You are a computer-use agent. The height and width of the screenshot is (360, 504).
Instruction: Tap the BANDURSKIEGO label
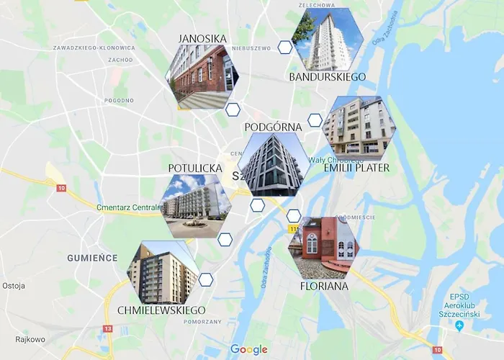(x=327, y=76)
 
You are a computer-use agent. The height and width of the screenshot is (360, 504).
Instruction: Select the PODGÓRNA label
(x=273, y=127)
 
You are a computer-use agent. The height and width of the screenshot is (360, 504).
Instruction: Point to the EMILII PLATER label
(x=356, y=168)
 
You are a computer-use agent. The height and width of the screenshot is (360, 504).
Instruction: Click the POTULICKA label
(x=195, y=168)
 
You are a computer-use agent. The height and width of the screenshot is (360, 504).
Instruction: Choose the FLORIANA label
(x=324, y=286)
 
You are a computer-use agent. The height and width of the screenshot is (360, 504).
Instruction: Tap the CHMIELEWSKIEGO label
(x=161, y=310)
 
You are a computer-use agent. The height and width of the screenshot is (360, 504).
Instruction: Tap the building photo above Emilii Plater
(x=358, y=127)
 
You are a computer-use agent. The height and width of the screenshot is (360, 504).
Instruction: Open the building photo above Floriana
(x=323, y=247)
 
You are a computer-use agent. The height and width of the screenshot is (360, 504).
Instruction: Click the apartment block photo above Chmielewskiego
(x=163, y=272)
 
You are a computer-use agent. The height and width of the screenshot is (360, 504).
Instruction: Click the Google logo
(x=248, y=350)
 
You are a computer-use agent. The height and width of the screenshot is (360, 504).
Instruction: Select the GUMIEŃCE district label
(x=92, y=257)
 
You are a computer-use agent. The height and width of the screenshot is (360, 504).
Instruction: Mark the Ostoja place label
(x=14, y=285)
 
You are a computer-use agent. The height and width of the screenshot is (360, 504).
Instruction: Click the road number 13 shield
(x=107, y=328)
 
